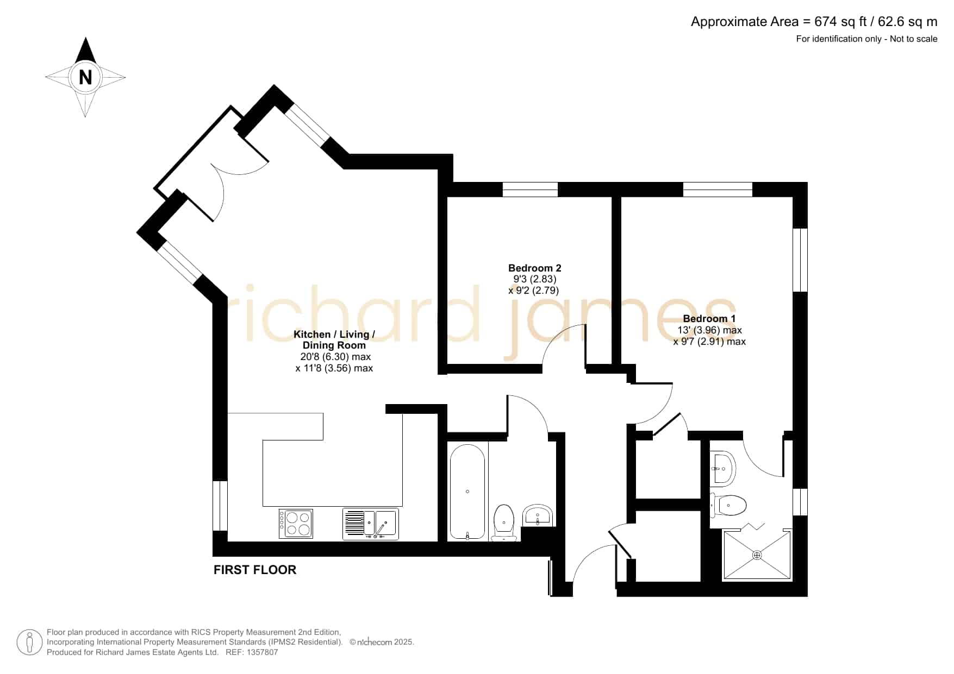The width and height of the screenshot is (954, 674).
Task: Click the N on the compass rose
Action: [85, 77]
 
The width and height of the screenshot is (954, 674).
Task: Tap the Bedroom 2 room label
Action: [534, 268]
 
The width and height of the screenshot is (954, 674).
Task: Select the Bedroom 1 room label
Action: [709, 319]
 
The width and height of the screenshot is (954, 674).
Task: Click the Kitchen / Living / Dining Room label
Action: [334, 339]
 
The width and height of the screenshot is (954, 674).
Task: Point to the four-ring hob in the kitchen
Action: [296, 524]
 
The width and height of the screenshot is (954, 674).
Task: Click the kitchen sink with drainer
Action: [371, 524]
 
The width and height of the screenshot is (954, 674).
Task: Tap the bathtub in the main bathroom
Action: [467, 492]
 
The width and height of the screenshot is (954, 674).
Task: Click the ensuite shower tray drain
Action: [757, 555]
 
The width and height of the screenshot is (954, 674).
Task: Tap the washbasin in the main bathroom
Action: [538, 515]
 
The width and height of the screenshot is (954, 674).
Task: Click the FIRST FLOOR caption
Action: [255, 570]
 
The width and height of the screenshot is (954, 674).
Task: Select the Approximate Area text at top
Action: [814, 22]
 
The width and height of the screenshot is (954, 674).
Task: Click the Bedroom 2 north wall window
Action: [530, 190]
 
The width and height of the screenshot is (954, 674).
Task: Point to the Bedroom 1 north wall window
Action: [718, 190]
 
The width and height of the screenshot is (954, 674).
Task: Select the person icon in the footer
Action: [29, 642]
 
